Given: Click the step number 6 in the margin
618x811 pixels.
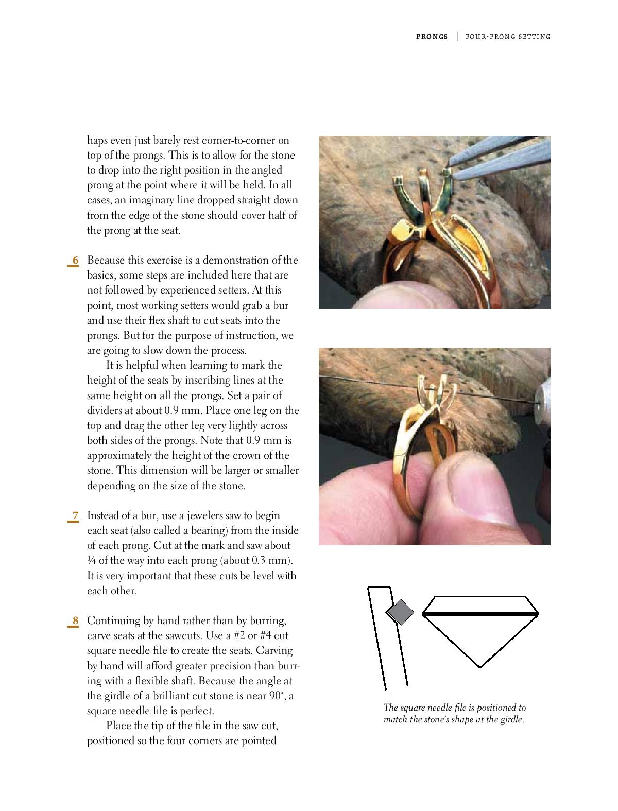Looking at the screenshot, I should (75, 261).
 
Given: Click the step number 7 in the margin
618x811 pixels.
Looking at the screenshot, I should (75, 516).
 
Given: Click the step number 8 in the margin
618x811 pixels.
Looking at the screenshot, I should (75, 621).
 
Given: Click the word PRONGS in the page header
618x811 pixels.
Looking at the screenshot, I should (432, 37).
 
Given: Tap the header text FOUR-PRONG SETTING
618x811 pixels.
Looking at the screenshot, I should (508, 37).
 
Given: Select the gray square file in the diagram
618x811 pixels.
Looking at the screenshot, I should (400, 612).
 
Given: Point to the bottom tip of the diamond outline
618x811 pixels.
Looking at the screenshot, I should (480, 667).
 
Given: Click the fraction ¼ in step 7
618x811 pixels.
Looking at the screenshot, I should (90, 561).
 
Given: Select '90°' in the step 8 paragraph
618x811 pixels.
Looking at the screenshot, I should (276, 696).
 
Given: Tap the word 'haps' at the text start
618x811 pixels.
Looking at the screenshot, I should (97, 141).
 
